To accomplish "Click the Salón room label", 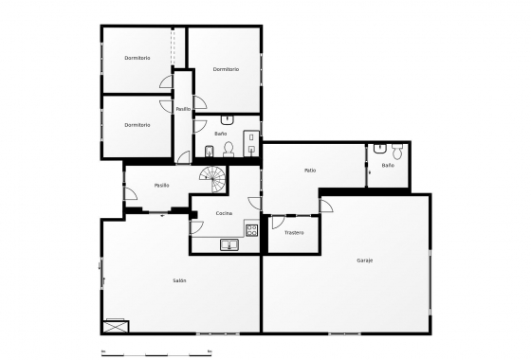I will (179, 280).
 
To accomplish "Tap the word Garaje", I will (365, 260).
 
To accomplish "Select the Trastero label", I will (294, 232).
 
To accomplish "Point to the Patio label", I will (310, 171).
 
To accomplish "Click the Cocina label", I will (224, 213).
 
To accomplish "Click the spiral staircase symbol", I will (214, 175).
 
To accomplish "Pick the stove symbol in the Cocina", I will (251, 227).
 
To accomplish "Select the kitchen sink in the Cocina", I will (229, 244).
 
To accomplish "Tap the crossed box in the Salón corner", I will (116, 326).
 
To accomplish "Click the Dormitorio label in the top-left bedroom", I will (137, 59).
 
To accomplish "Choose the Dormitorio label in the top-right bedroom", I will (226, 69).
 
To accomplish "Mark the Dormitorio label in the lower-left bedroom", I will (137, 125).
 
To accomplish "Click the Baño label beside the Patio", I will (388, 165).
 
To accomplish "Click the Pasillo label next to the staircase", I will (162, 185).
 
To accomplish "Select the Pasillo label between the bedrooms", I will (183, 109).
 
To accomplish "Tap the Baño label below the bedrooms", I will (221, 134).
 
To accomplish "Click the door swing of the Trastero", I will (278, 223).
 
